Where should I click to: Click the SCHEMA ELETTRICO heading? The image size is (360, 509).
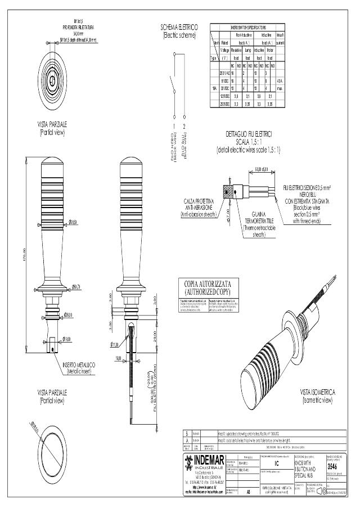click(x=179, y=27)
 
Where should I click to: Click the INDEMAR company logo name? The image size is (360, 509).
click(x=208, y=462)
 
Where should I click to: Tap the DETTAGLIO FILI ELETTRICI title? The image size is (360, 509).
click(x=249, y=134)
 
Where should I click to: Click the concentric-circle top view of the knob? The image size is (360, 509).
click(x=52, y=78)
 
